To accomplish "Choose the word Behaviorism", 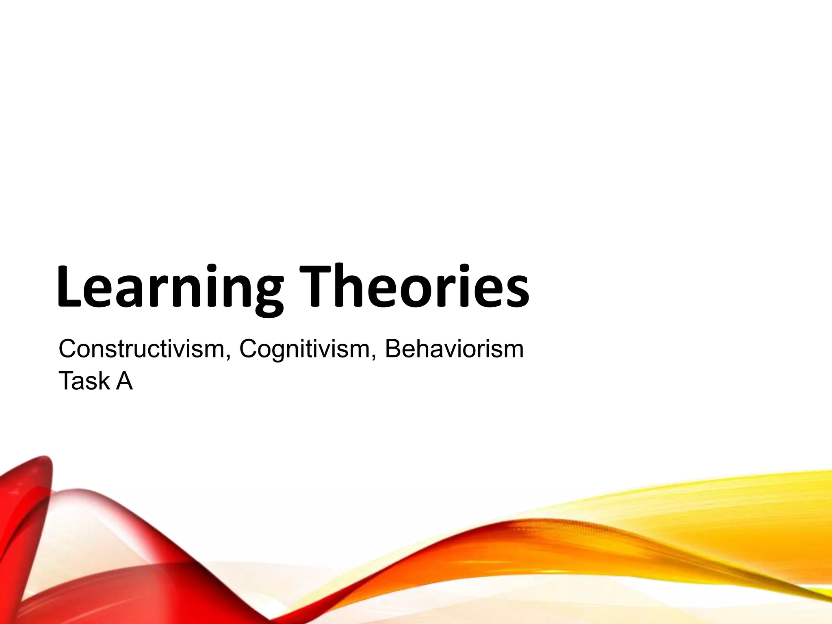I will point(454,349).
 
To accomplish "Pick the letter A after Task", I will point(124,381).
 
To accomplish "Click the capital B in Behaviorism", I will point(393,349).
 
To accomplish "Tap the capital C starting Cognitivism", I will point(248,349).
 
